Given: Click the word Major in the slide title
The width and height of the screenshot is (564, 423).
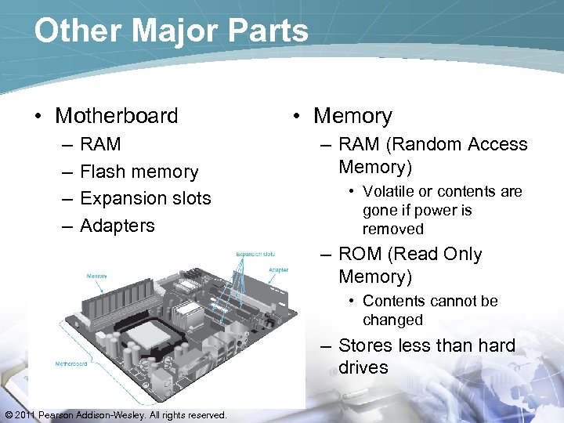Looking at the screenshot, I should (x=166, y=31).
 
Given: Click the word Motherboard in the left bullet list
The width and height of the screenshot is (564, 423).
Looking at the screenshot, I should (x=117, y=116).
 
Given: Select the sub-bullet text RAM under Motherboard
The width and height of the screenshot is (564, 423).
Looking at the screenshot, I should (x=100, y=144).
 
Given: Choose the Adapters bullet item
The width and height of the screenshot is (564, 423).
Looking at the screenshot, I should (x=117, y=226).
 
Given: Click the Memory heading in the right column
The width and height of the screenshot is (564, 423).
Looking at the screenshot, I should (x=352, y=116).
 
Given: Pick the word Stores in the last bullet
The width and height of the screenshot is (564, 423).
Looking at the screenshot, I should (x=366, y=346).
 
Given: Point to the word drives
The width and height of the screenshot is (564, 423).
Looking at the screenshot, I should (x=363, y=368).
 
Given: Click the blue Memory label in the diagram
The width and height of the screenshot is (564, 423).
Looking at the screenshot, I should (x=97, y=277).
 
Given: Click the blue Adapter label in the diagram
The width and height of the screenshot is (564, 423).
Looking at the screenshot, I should (x=278, y=270).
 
